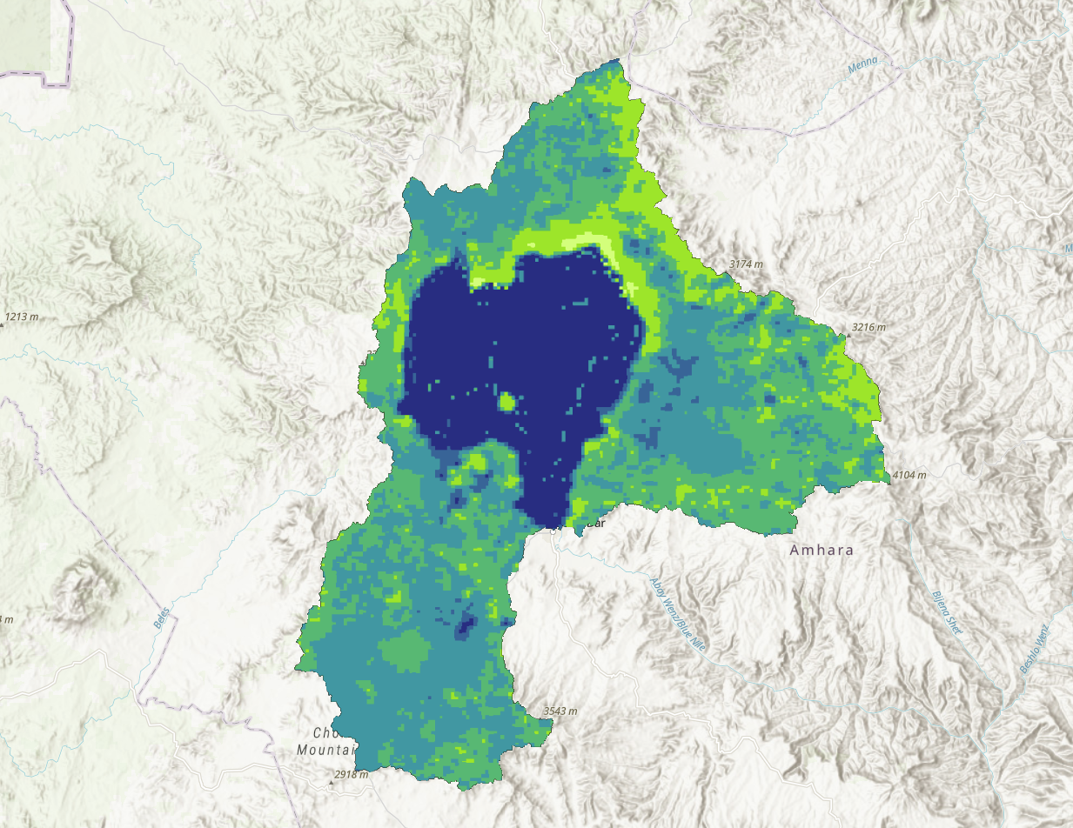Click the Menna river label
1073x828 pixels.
coord(862,63)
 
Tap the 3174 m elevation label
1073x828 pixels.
coord(746,263)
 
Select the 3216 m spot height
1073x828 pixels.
coord(868,327)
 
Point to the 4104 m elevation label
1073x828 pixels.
coord(909,475)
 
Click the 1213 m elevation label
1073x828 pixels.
coord(24,317)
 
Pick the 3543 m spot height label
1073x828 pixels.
coord(560,711)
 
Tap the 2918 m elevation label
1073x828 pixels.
coord(351,774)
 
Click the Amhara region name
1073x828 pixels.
coord(822,551)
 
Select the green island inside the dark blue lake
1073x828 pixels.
coord(506,402)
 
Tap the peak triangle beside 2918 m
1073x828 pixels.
coord(331,780)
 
